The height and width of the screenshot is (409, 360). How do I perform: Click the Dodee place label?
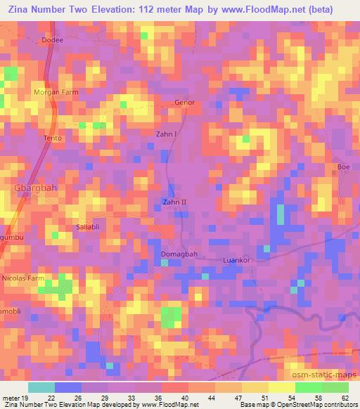point(53,40)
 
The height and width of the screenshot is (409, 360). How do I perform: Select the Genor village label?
point(184,103)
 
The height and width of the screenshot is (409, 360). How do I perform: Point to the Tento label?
point(53,138)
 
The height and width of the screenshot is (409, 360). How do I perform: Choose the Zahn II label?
point(174,202)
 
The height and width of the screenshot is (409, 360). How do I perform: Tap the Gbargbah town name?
point(33,188)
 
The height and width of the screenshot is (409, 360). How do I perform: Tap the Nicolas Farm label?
point(23,278)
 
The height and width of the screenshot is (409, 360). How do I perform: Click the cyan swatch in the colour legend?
point(41,387)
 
